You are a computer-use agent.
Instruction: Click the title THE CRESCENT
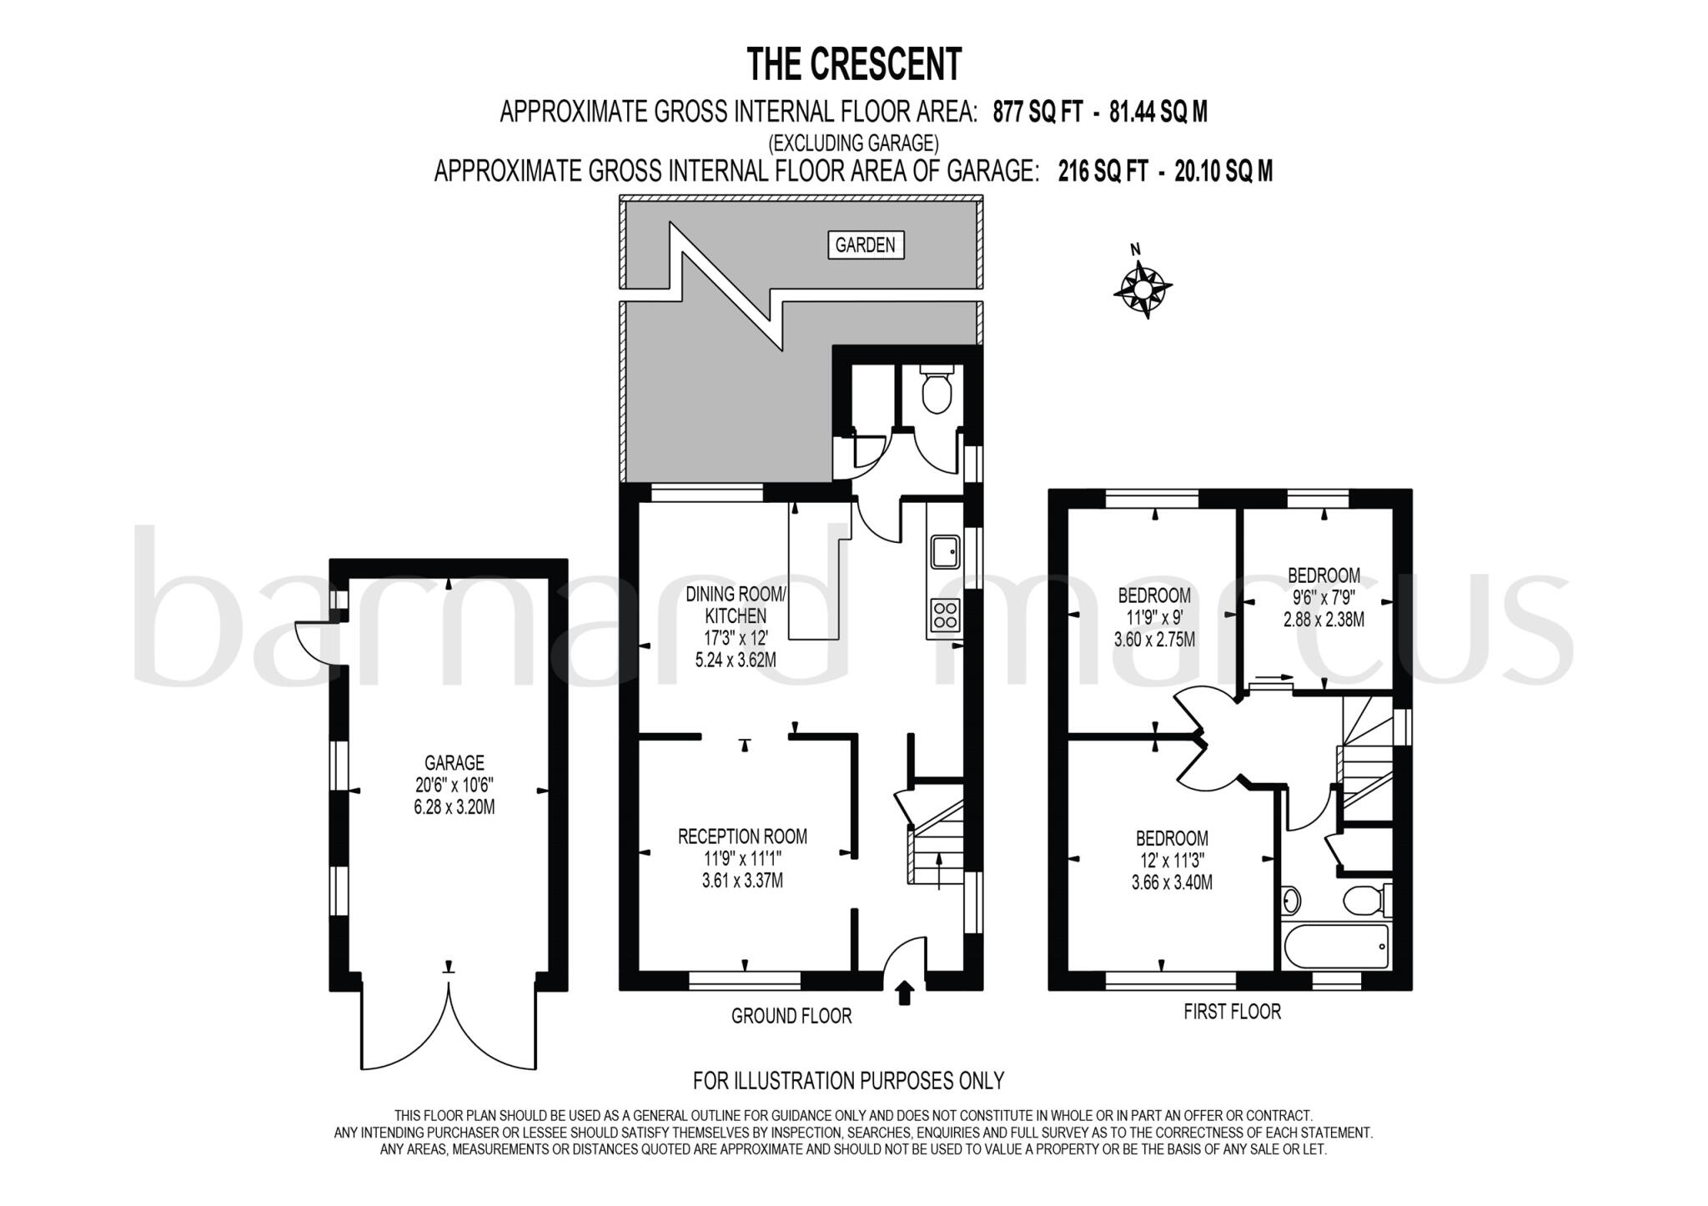pyautogui.click(x=853, y=64)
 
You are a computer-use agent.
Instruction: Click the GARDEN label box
pyautogui.click(x=865, y=245)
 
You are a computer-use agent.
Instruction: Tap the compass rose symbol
pyautogui.click(x=1142, y=288)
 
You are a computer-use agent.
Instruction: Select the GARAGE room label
pyautogui.click(x=454, y=762)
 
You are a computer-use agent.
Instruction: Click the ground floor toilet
pyautogui.click(x=937, y=392)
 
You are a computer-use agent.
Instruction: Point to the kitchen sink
pyautogui.click(x=946, y=550)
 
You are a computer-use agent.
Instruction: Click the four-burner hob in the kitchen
pyautogui.click(x=946, y=616)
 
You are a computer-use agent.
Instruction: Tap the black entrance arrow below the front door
pyautogui.click(x=904, y=993)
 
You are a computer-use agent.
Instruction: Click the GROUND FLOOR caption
pyautogui.click(x=791, y=1016)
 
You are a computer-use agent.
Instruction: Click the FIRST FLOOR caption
pyautogui.click(x=1232, y=1012)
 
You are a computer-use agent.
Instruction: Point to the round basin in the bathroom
pyautogui.click(x=1291, y=900)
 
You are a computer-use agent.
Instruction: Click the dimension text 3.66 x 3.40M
pyautogui.click(x=1171, y=882)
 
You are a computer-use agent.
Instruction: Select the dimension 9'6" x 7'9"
pyautogui.click(x=1324, y=598)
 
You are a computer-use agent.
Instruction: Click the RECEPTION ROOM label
pyautogui.click(x=742, y=836)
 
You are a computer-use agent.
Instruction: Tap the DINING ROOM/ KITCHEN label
pyautogui.click(x=736, y=605)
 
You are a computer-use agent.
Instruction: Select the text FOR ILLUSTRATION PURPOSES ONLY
pyautogui.click(x=848, y=1080)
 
